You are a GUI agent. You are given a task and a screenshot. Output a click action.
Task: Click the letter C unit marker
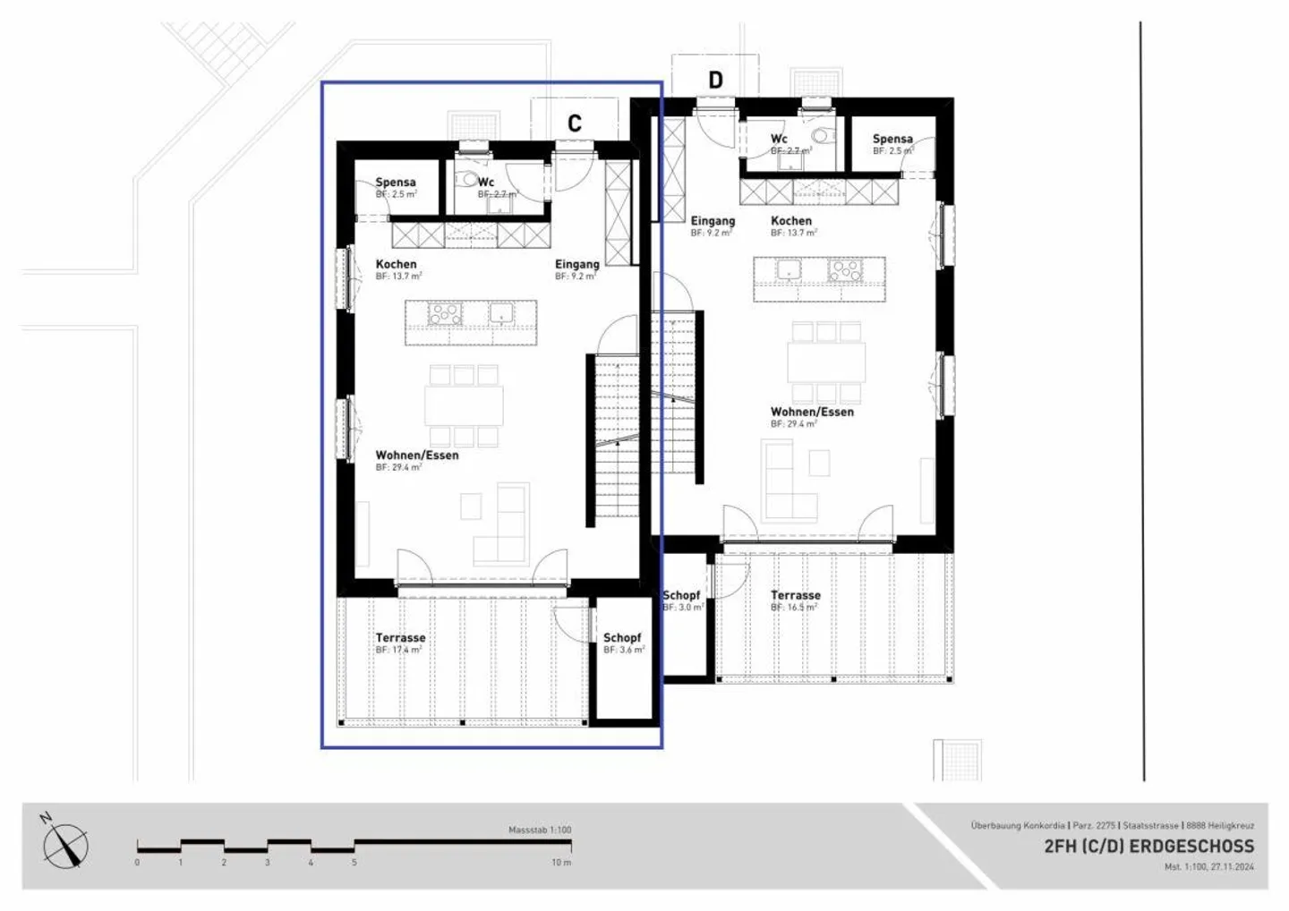click(575, 123)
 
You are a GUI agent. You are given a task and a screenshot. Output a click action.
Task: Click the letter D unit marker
click(715, 81)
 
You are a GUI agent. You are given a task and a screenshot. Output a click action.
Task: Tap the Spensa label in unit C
click(395, 183)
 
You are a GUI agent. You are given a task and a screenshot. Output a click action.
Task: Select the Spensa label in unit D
click(892, 139)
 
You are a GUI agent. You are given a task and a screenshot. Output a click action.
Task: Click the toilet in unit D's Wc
click(822, 136)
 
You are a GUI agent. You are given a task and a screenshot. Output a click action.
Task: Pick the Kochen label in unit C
click(396, 265)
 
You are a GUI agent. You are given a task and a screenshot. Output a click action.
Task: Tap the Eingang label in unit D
click(713, 221)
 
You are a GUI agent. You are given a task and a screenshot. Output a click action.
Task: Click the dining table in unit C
click(464, 405)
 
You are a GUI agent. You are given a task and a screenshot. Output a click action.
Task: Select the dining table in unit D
click(826, 362)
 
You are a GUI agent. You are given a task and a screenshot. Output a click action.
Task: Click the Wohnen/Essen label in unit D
click(812, 413)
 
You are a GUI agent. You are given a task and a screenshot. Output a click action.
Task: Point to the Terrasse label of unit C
click(400, 638)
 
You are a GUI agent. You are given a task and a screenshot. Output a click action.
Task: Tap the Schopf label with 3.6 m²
click(622, 638)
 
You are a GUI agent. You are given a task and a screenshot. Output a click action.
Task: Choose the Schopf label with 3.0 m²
click(681, 595)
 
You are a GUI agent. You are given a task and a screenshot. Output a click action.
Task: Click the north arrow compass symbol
click(65, 845)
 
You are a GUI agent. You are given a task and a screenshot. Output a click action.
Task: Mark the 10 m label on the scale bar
click(561, 863)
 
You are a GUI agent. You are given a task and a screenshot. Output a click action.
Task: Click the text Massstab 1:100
click(539, 830)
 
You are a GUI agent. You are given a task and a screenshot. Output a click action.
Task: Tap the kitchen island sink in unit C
click(500, 313)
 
